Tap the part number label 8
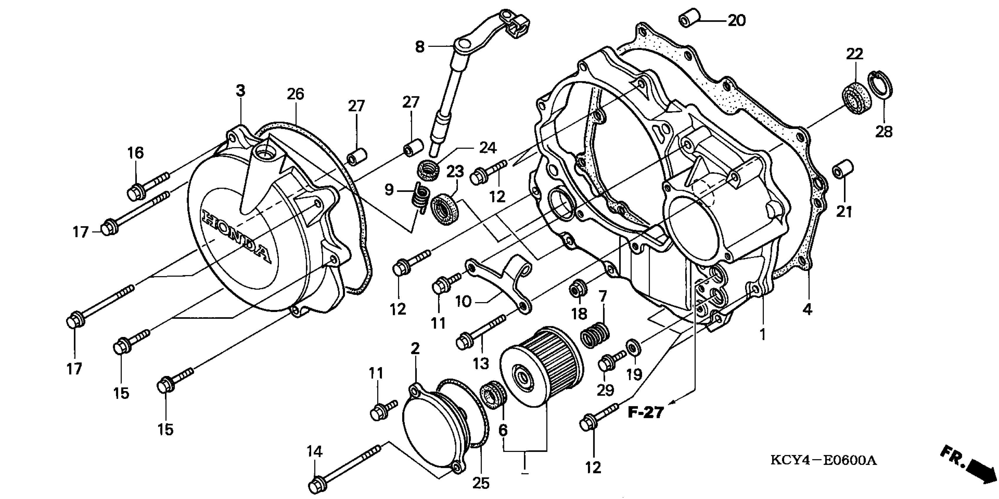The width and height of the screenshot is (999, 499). click(420, 47)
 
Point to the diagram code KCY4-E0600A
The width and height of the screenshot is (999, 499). click(823, 461)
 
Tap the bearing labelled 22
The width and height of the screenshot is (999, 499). click(857, 98)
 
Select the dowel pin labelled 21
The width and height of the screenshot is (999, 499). click(843, 169)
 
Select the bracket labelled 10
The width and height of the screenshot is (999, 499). click(500, 281)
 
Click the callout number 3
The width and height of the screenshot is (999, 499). click(240, 91)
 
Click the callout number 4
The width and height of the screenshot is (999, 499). click(807, 309)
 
